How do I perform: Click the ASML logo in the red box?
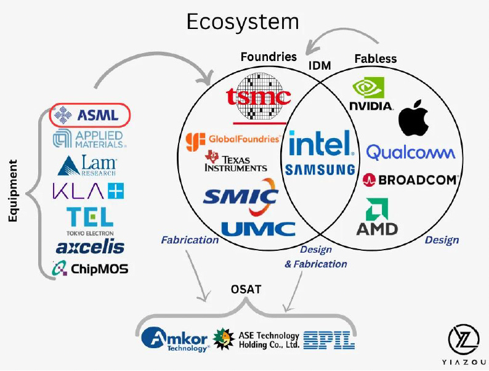pyautogui.click(x=90, y=115)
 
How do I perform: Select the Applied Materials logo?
pyautogui.click(x=89, y=139)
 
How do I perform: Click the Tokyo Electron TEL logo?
pyautogui.click(x=90, y=219)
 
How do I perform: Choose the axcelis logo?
pyautogui.click(x=90, y=247)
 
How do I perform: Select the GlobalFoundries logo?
pyautogui.click(x=233, y=139)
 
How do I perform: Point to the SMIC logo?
pyautogui.click(x=240, y=196)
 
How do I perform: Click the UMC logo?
pyautogui.click(x=258, y=229)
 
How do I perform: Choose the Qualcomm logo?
pyautogui.click(x=410, y=152)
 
